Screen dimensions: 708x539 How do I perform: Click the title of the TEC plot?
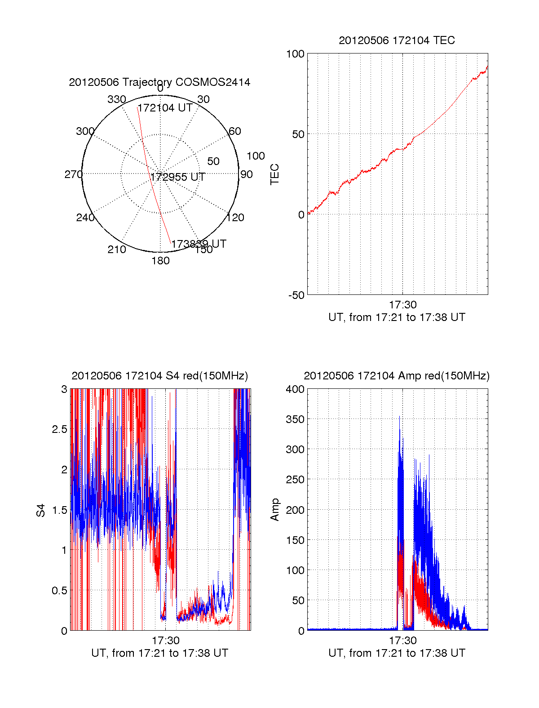coord(397,40)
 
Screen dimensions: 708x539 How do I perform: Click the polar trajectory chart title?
coord(159,82)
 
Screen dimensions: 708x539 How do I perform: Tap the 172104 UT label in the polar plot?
coord(165,108)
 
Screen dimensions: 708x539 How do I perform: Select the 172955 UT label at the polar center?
coord(178,177)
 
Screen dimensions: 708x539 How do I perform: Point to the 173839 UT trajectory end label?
coord(199,244)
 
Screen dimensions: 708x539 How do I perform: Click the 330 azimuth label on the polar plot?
coord(116,99)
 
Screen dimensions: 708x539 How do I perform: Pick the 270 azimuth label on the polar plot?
coord(73,174)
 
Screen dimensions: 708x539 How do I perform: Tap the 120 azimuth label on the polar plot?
coord(235,218)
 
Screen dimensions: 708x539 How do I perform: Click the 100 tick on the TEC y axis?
coord(295,54)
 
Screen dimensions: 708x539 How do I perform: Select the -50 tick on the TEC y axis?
coord(296,295)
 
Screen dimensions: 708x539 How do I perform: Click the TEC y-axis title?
coord(275,174)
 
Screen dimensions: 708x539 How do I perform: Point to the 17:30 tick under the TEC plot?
coord(402,305)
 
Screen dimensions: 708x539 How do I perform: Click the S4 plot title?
coord(159,376)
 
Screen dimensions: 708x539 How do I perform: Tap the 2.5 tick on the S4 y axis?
coord(59,429)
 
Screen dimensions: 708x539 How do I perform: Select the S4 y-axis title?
coord(41,510)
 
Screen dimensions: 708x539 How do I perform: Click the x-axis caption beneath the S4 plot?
coord(159,653)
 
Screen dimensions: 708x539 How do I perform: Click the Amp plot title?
coord(397,376)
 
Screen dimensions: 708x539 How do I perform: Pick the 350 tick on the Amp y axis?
coord(295,419)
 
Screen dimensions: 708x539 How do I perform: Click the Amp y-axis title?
coord(275,510)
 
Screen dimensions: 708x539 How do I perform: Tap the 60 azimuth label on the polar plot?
coord(235,131)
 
